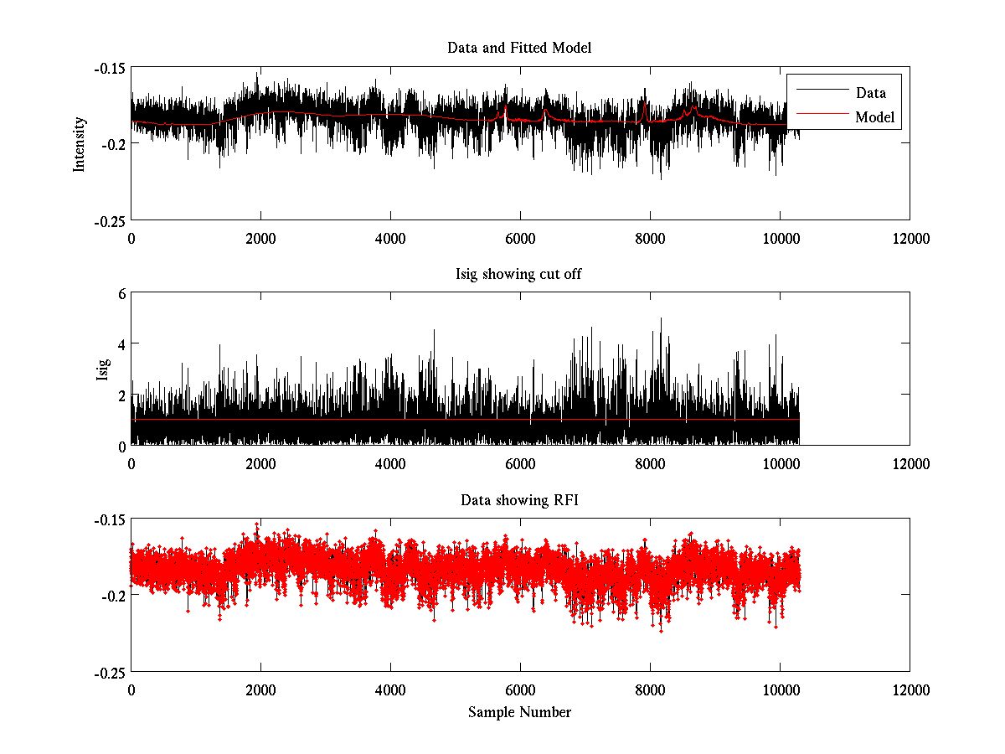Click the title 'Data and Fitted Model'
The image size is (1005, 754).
(519, 48)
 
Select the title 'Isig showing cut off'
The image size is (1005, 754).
(519, 274)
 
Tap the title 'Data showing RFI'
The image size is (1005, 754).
(519, 500)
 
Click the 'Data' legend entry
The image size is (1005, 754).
(870, 93)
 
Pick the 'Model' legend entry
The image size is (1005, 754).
(874, 117)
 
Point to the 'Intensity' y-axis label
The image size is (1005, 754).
(80, 143)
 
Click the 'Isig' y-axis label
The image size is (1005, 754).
(103, 369)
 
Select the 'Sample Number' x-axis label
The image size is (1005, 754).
(519, 712)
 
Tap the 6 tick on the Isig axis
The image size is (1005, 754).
(121, 293)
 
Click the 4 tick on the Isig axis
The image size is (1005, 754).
(121, 343)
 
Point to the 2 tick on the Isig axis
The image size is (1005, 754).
(121, 395)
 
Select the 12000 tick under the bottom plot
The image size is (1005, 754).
(910, 690)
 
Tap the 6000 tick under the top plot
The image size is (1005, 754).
(520, 238)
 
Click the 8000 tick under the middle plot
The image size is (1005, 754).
(650, 463)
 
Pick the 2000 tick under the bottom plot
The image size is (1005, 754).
(260, 690)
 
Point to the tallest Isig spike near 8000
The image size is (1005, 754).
(662, 319)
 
